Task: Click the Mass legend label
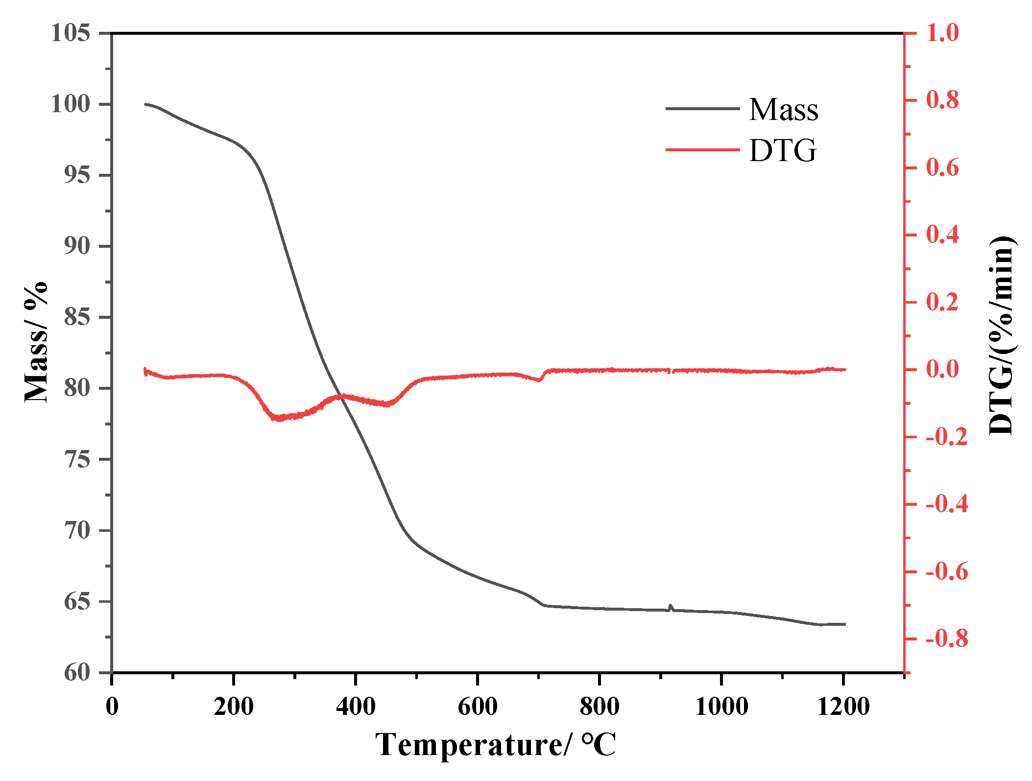point(783,110)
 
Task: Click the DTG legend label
point(782,151)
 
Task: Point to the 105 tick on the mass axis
point(71,33)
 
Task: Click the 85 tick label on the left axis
point(77,317)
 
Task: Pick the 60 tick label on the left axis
point(77,673)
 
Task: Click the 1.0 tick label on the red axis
point(942,33)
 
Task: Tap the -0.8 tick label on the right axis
point(946,639)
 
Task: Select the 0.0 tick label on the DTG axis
point(942,370)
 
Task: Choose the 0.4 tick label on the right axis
point(942,235)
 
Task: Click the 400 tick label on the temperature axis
point(356,707)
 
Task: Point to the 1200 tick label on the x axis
point(843,707)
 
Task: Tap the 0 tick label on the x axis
point(112,707)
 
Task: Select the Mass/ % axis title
point(36,342)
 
